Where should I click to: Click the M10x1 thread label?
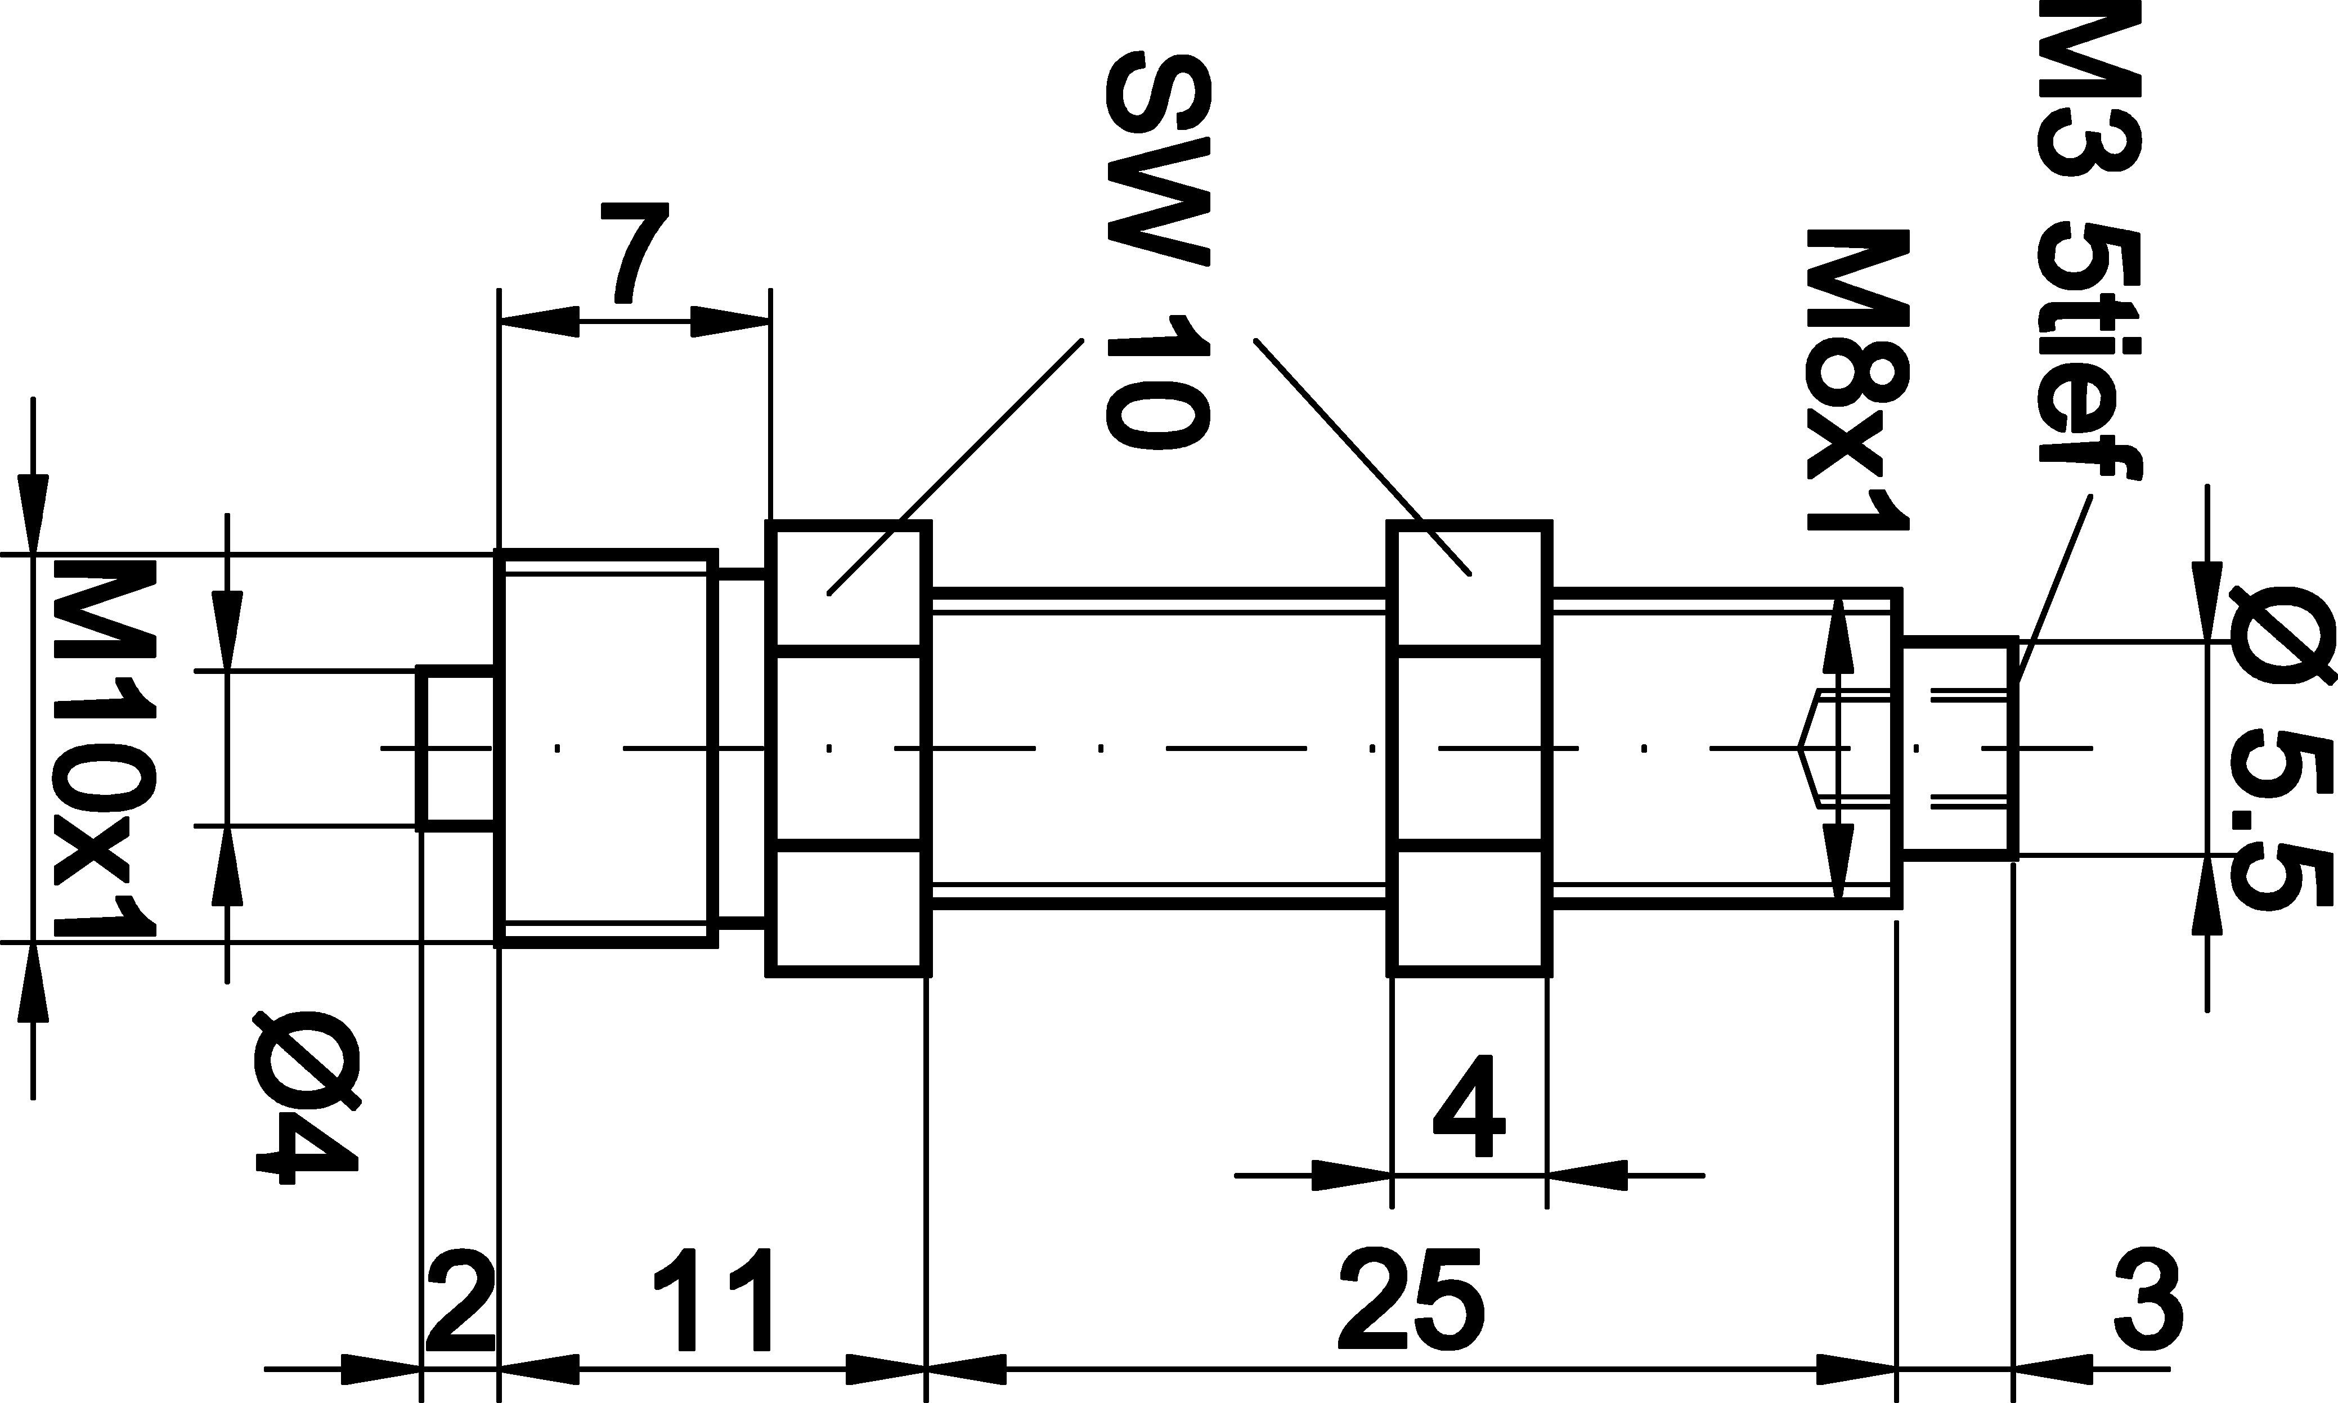click(104, 748)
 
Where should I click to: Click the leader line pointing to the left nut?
click(955, 467)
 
